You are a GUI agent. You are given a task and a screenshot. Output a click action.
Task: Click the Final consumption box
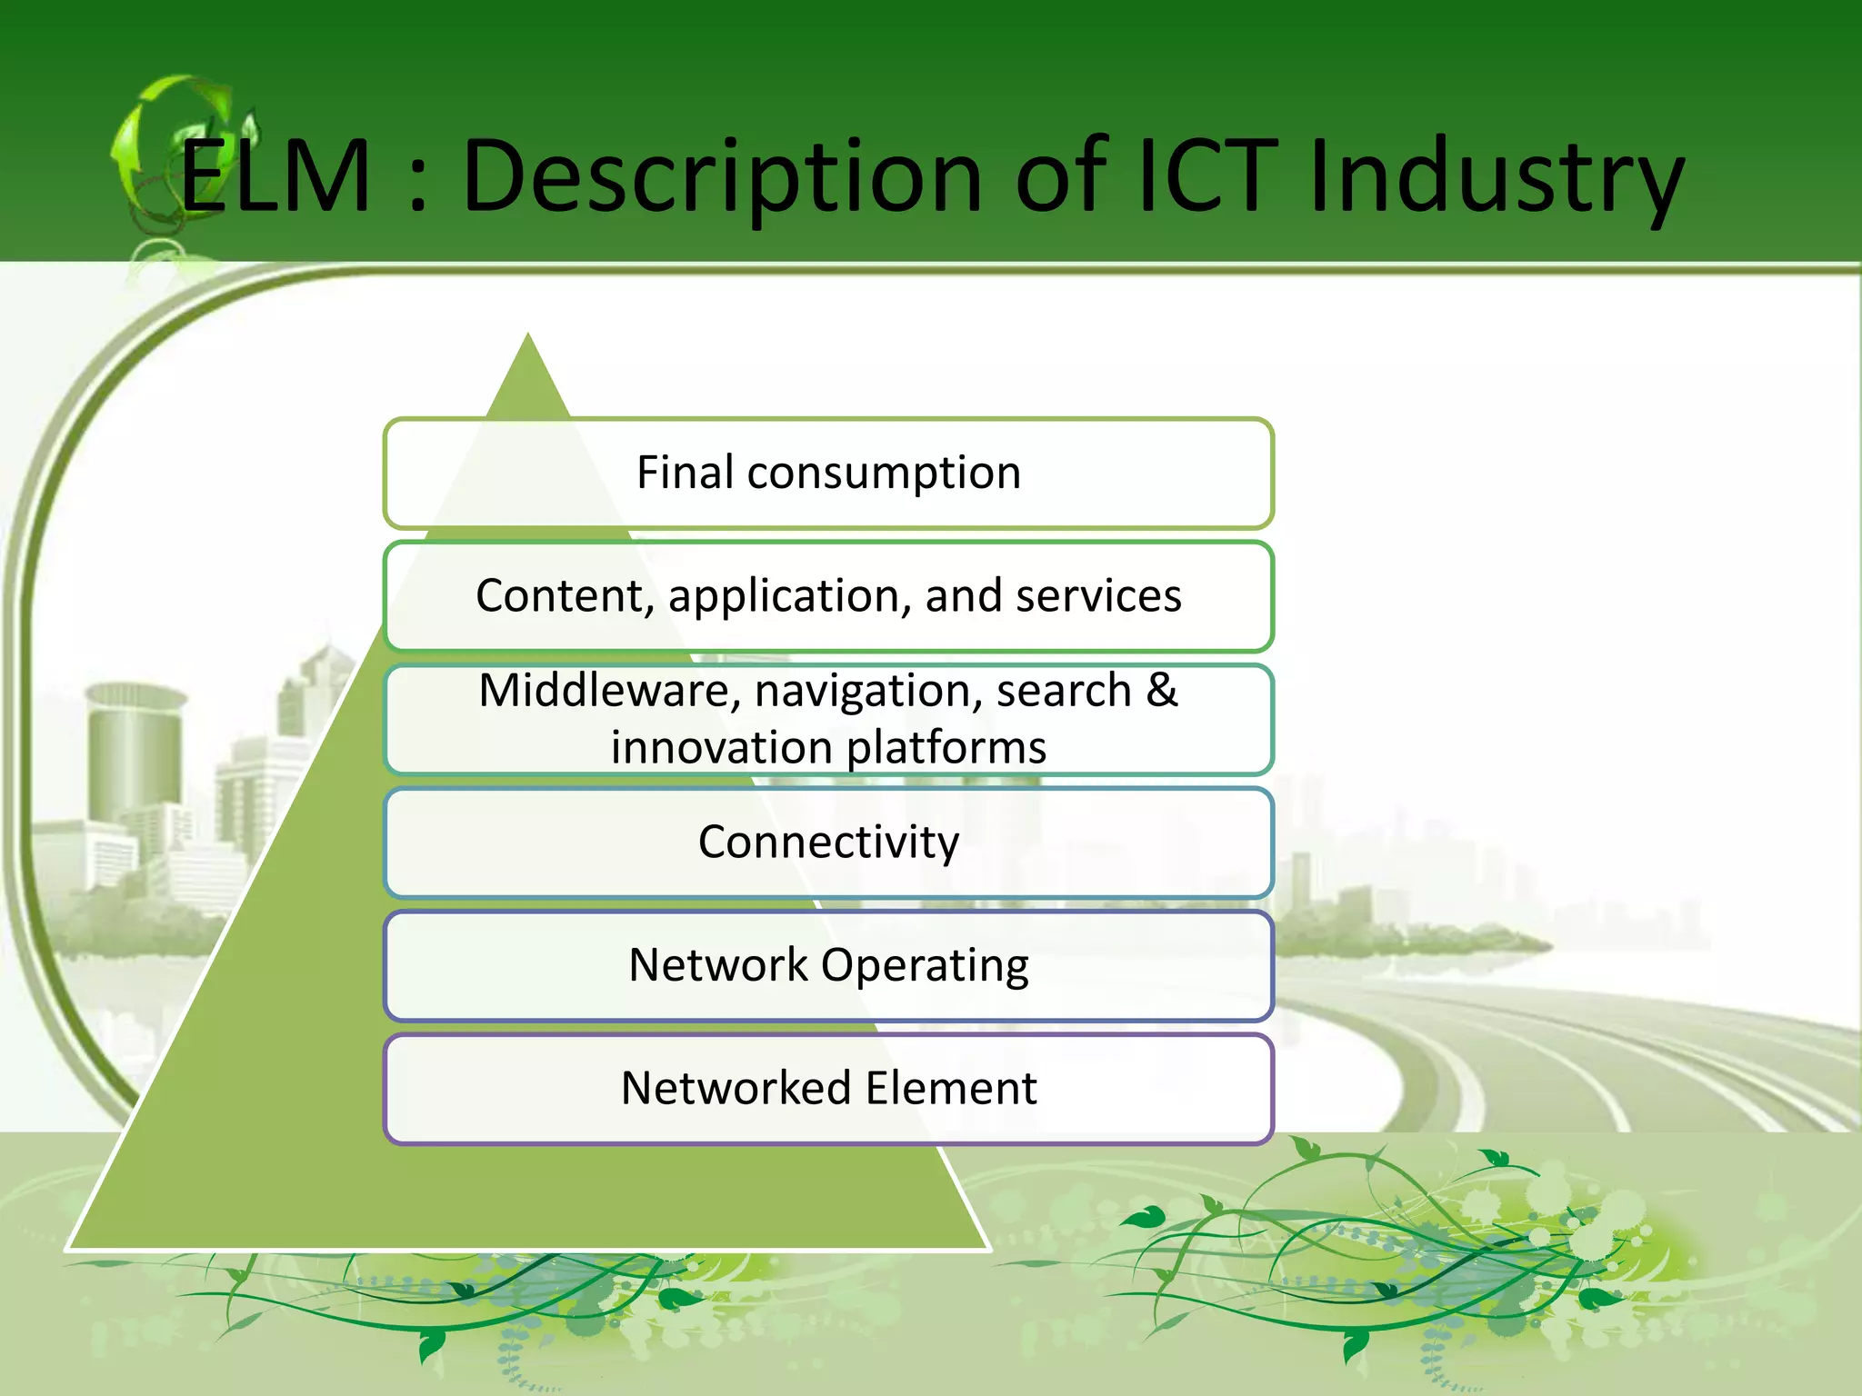(828, 474)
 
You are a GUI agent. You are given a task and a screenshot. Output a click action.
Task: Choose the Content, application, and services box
(828, 597)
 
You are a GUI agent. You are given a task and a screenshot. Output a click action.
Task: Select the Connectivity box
(828, 843)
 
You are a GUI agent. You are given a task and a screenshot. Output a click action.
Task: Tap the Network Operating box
(828, 966)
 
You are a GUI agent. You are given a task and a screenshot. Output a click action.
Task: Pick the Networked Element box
(828, 1089)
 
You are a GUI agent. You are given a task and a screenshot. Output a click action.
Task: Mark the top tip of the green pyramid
(528, 338)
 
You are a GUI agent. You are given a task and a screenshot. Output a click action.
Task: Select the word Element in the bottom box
(951, 1089)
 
